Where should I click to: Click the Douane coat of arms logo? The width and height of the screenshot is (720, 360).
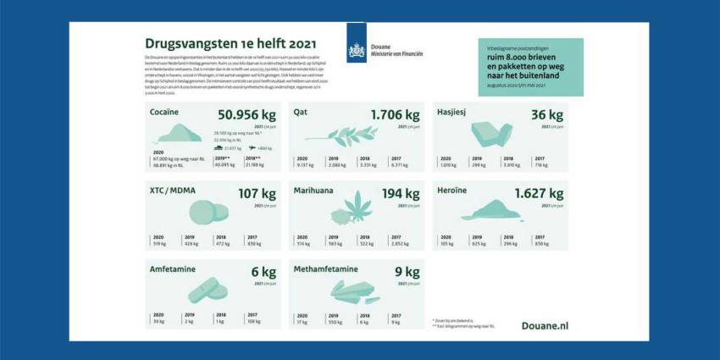coord(357,49)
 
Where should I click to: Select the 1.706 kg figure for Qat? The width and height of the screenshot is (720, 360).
coord(395,115)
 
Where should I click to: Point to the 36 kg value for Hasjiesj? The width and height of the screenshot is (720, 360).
coord(547,115)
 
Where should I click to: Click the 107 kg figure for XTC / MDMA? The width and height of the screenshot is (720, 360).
coord(258,193)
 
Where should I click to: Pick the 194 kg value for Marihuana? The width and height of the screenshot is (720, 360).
coord(401,193)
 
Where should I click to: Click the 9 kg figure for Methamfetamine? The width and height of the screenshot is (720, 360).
coord(407,272)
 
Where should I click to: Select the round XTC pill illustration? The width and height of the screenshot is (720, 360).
coord(204,211)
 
